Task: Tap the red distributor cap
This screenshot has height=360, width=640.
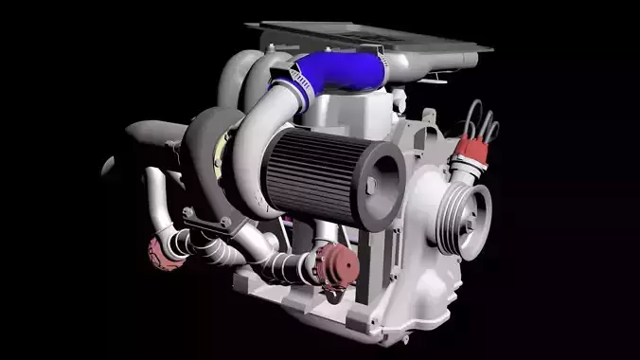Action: (471, 149)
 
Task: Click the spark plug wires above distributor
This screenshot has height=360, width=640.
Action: (482, 118)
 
